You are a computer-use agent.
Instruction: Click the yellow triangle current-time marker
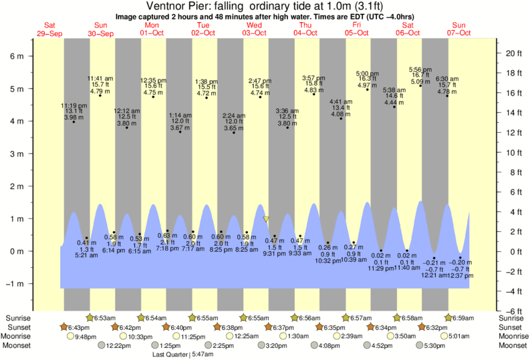click(266, 219)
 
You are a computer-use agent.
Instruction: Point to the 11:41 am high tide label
click(100, 78)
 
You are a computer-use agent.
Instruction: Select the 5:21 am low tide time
click(82, 255)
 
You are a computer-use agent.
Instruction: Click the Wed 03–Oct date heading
click(254, 29)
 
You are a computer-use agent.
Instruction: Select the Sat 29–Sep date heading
click(49, 29)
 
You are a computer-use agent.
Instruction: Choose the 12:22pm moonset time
click(118, 346)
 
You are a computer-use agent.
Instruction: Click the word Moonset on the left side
click(17, 346)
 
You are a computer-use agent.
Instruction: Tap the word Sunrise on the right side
click(513, 318)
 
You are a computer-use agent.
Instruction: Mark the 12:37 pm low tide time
click(459, 276)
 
